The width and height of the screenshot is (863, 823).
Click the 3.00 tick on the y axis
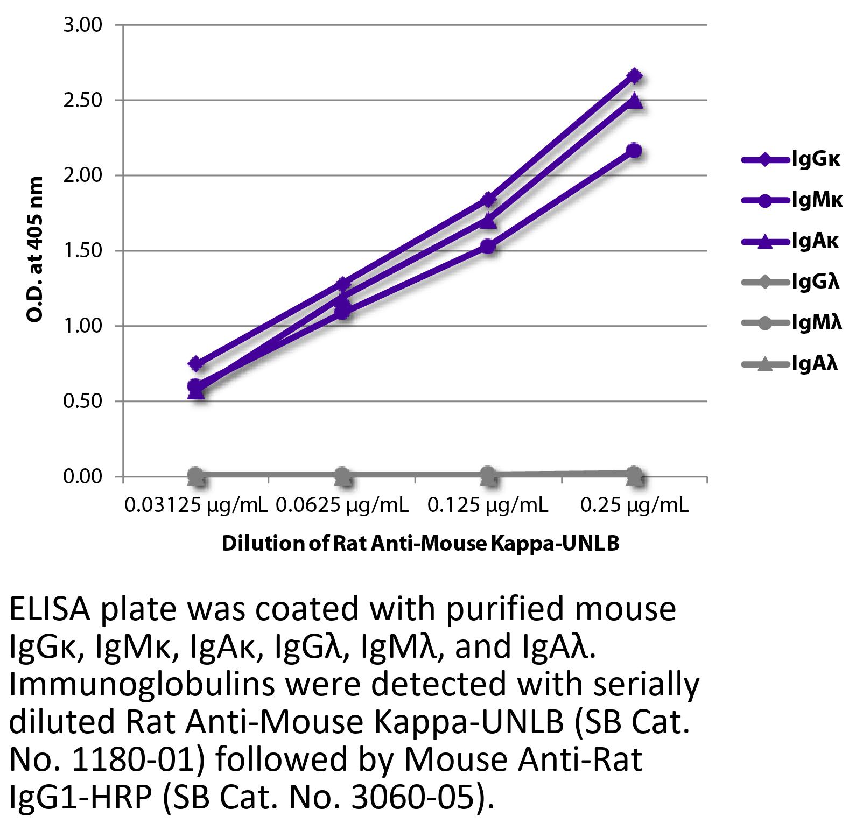pyautogui.click(x=83, y=25)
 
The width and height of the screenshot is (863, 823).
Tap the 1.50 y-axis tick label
pyautogui.click(x=83, y=251)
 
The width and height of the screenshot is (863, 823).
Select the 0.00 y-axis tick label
pyautogui.click(x=83, y=477)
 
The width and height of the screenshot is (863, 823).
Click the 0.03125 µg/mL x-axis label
pyautogui.click(x=196, y=505)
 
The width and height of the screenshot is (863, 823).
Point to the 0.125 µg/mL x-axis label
pyautogui.click(x=488, y=505)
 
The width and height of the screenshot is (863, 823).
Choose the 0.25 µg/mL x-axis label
pyautogui.click(x=634, y=505)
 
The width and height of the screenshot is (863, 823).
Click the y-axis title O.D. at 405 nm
pyautogui.click(x=35, y=249)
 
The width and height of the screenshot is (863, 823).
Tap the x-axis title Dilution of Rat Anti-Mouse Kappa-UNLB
pyautogui.click(x=420, y=544)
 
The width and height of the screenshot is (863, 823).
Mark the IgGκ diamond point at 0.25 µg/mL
pyautogui.click(x=634, y=76)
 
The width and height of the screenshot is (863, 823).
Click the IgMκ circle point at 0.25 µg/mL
pyautogui.click(x=634, y=150)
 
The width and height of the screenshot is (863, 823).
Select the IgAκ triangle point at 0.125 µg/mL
pyautogui.click(x=488, y=220)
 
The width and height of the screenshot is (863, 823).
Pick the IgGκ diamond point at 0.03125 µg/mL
pyautogui.click(x=196, y=364)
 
